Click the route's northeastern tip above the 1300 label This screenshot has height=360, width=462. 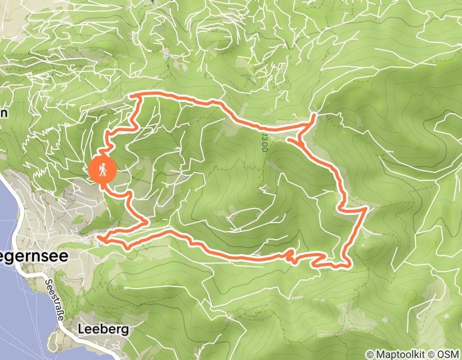point(314,117)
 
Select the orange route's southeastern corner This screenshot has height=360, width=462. point(349,266)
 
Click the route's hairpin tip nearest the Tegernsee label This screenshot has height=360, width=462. point(99,238)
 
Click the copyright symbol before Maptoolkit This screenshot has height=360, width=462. point(370,354)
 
